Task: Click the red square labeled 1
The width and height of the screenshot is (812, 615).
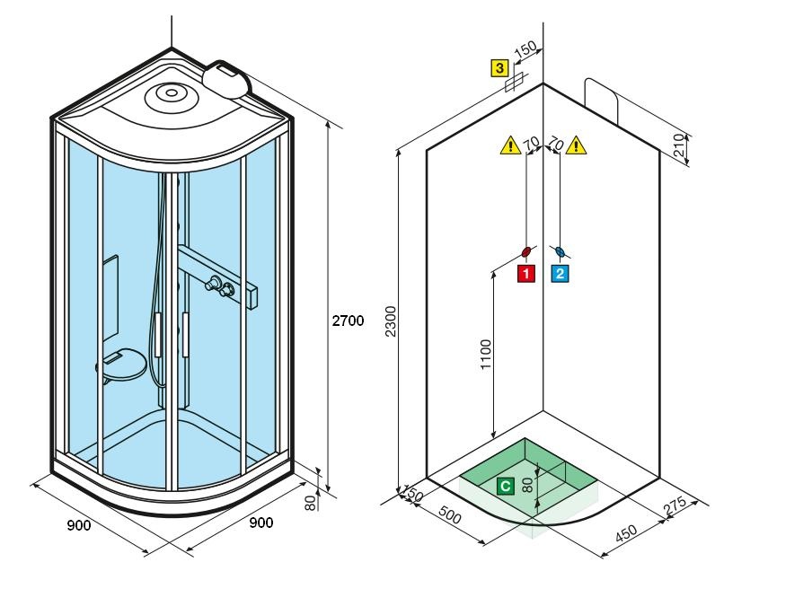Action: tap(525, 273)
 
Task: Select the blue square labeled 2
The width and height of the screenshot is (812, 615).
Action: tap(560, 273)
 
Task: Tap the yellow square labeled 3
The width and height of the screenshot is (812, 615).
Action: tap(499, 67)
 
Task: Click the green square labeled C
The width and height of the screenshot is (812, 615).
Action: tap(506, 486)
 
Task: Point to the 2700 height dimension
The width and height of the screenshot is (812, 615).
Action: tap(348, 321)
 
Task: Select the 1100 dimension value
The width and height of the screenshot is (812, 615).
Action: tap(486, 355)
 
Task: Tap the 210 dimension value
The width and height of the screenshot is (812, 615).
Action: tap(679, 145)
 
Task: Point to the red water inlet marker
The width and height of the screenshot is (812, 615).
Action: tap(527, 251)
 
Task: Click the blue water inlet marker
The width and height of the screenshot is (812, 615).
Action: tap(560, 251)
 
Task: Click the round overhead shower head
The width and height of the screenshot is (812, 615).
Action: tap(169, 92)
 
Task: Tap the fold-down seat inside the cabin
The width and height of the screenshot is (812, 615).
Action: tap(121, 364)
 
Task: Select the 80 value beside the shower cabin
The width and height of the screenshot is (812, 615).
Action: tap(311, 502)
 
